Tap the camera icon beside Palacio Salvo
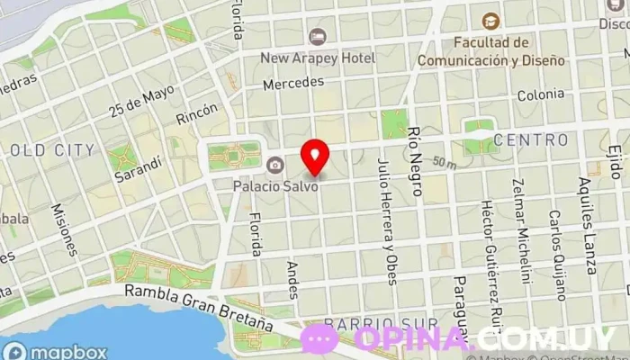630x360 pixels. [x=274, y=165]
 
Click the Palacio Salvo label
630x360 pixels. [x=274, y=188]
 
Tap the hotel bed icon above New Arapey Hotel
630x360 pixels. [x=317, y=36]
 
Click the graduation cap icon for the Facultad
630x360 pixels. [x=490, y=21]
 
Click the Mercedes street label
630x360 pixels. [x=293, y=83]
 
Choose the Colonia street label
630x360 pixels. [x=540, y=94]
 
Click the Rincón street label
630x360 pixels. [x=197, y=113]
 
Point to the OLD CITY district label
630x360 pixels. [x=50, y=149]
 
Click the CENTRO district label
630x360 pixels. [x=531, y=140]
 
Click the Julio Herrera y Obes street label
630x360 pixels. [x=386, y=220]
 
